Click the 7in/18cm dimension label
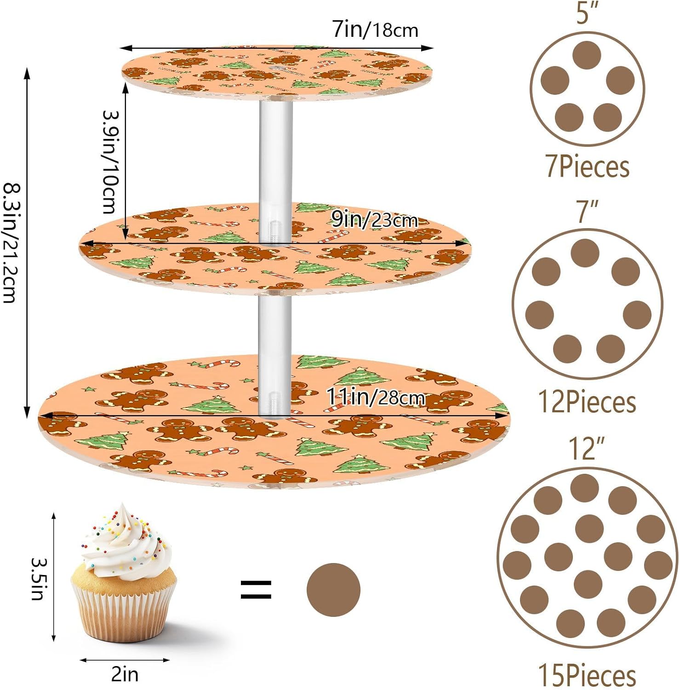pyautogui.click(x=375, y=30)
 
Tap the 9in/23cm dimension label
pyautogui.click(x=374, y=220)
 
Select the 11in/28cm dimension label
pyautogui.click(x=375, y=397)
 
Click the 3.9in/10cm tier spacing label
pyautogui.click(x=110, y=162)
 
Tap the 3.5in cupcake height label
pyautogui.click(x=38, y=579)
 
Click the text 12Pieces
pyautogui.click(x=587, y=402)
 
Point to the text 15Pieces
pyautogui.click(x=587, y=675)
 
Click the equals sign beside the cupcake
pyautogui.click(x=256, y=590)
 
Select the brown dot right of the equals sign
pyautogui.click(x=333, y=590)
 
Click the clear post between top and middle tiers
pyautogui.click(x=275, y=170)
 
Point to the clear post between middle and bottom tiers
pyautogui.click(x=275, y=354)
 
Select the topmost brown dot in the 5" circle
pyautogui.click(x=587, y=55)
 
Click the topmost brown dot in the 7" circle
pyautogui.click(x=585, y=253)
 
